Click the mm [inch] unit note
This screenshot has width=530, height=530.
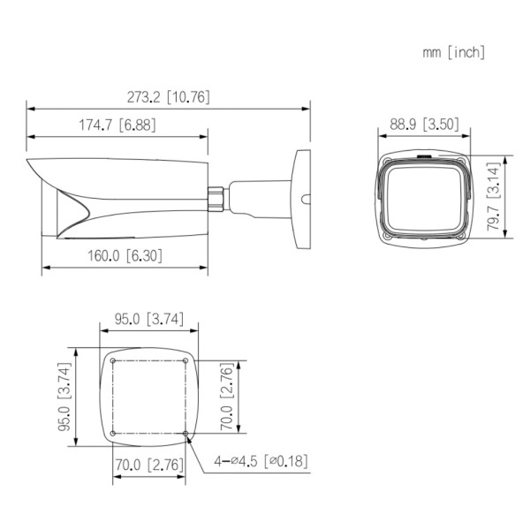(x=453, y=52)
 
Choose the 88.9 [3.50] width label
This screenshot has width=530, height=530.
(x=423, y=124)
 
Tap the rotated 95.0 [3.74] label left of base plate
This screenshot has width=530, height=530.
(x=63, y=398)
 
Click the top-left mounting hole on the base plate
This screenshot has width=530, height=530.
(x=114, y=360)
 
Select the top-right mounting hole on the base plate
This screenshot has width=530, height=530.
(x=186, y=360)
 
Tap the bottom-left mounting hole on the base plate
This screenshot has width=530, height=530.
(x=114, y=433)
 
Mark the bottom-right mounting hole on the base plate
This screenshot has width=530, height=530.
(x=186, y=433)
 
